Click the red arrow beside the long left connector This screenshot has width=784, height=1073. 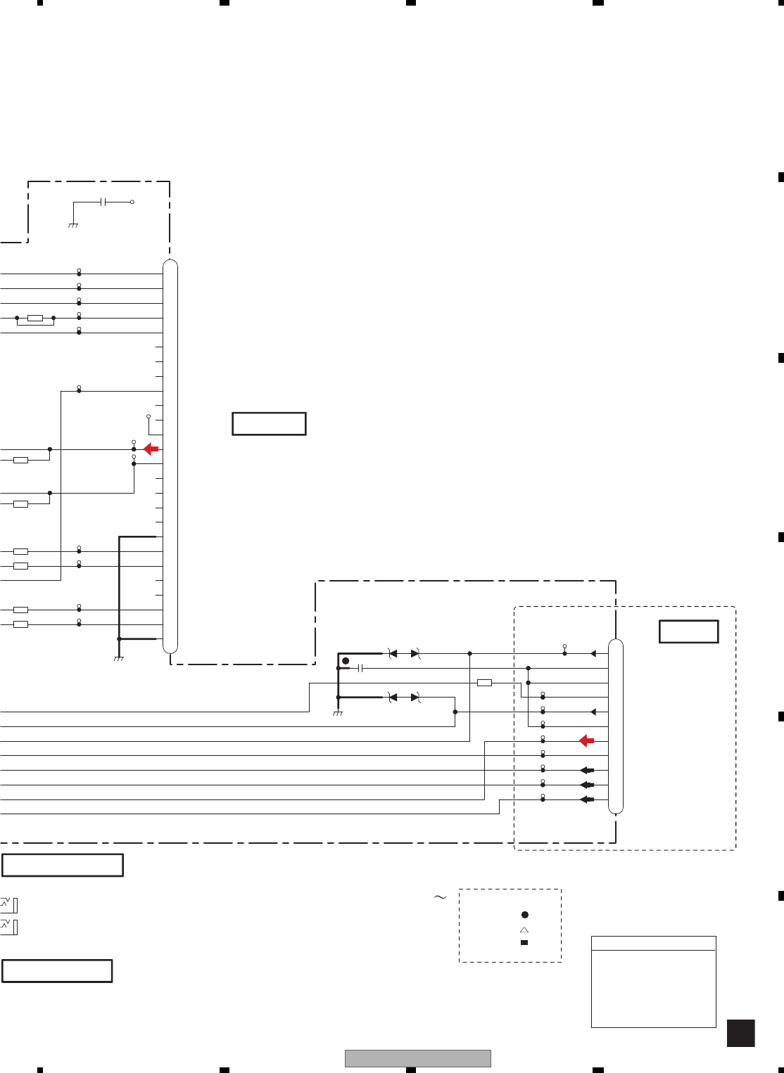(151, 449)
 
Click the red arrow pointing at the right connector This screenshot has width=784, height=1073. (586, 740)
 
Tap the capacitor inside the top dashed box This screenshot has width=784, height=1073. (104, 202)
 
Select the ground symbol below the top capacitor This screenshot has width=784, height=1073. (73, 225)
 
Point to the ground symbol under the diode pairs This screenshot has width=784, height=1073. (338, 714)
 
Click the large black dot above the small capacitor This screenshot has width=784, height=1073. (345, 661)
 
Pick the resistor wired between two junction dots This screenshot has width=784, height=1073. (35, 319)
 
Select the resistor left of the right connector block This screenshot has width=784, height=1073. (484, 683)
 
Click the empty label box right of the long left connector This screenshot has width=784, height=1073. (269, 424)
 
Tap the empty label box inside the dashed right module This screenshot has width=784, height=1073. (688, 631)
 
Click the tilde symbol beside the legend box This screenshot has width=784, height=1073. (440, 897)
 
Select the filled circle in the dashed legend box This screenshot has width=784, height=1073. (524, 915)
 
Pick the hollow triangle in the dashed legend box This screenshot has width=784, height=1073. (524, 930)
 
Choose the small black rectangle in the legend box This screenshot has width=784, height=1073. (524, 942)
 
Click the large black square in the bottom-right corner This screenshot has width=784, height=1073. (740, 1034)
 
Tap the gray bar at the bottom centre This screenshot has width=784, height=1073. (417, 1058)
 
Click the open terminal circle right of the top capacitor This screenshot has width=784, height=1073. (132, 202)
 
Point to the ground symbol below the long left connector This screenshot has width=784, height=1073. (119, 658)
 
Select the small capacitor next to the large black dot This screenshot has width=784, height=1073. (360, 668)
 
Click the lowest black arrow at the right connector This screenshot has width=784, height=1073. (587, 799)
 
